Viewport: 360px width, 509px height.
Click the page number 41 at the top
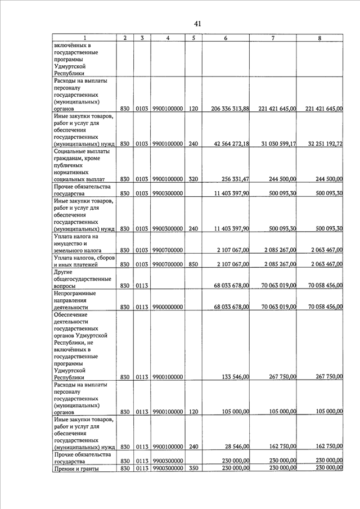tap(197, 24)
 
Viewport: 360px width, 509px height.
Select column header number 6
tap(226, 38)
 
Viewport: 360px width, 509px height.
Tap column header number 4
tap(168, 38)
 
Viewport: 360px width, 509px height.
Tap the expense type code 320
tap(193, 179)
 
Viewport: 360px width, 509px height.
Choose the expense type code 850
tap(193, 264)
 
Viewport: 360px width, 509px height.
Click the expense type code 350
tap(193, 469)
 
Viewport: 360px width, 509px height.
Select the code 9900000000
tap(167, 307)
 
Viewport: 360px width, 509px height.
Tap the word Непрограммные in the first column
tap(75, 293)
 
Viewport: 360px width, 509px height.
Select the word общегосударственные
tap(83, 279)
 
